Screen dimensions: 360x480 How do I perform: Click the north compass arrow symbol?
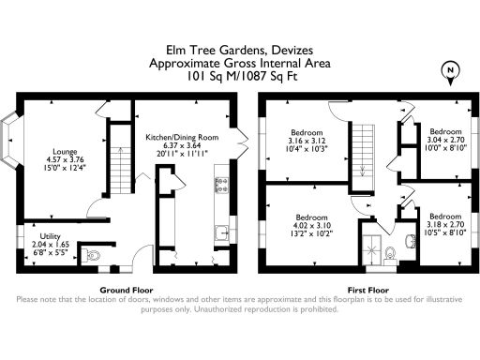point(453,71)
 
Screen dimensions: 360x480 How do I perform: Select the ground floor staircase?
point(119,168)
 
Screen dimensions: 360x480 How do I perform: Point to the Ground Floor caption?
point(126,290)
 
